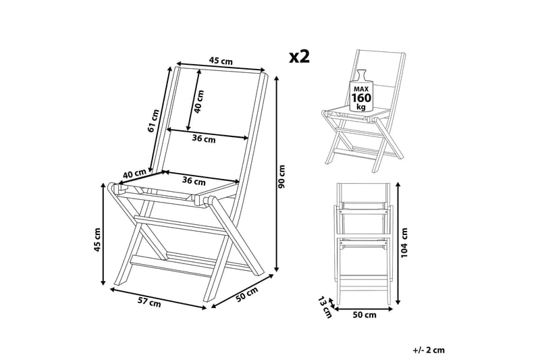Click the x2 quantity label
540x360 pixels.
(299, 57)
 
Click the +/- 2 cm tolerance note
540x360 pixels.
(429, 350)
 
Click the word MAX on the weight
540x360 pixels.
(360, 88)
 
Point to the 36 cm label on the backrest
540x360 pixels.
(204, 140)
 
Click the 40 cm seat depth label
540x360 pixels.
(134, 175)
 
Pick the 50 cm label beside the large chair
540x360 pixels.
(247, 296)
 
